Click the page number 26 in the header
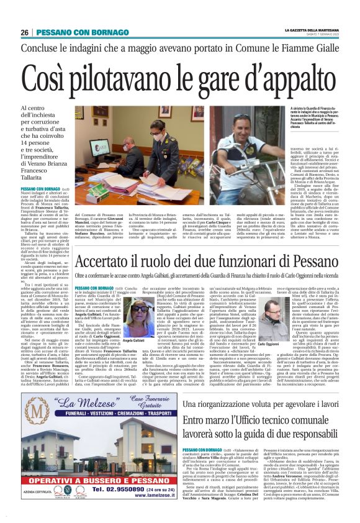[25, 32]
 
